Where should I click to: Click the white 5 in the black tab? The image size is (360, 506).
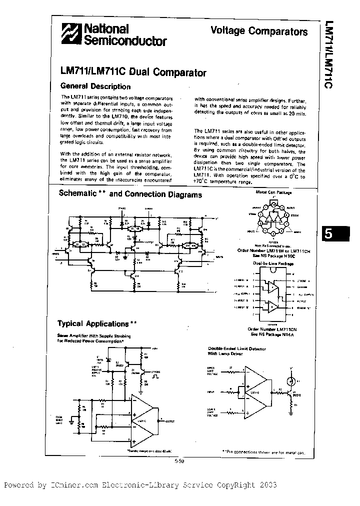328,234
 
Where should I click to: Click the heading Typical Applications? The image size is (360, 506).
93,323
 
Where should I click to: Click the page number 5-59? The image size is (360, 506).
180,461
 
